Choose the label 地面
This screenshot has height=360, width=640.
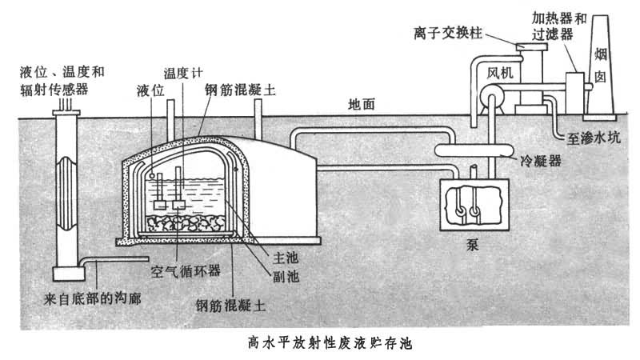click(364, 104)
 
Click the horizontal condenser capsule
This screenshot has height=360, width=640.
click(472, 149)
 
